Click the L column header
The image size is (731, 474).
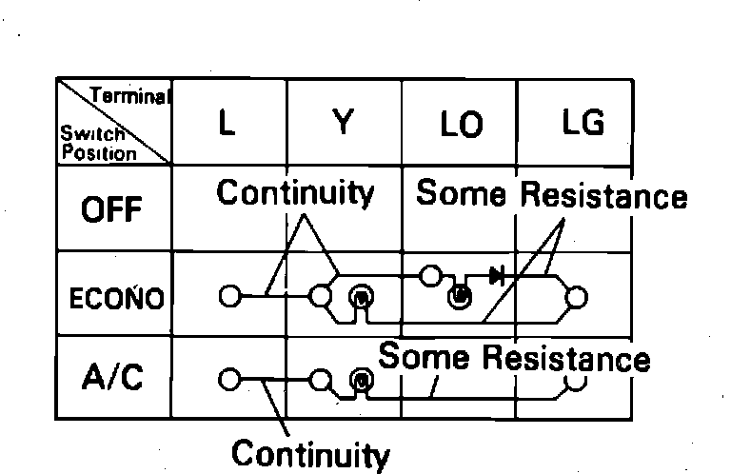click(227, 124)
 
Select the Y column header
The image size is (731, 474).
click(344, 124)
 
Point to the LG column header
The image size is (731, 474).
click(582, 124)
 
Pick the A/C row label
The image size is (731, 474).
click(112, 378)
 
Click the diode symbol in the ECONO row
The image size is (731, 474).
click(496, 277)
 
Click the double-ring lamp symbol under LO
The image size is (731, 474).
click(459, 297)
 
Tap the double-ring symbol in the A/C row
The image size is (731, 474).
click(361, 381)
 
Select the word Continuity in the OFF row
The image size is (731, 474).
click(295, 193)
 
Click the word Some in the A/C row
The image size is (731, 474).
click(425, 358)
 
